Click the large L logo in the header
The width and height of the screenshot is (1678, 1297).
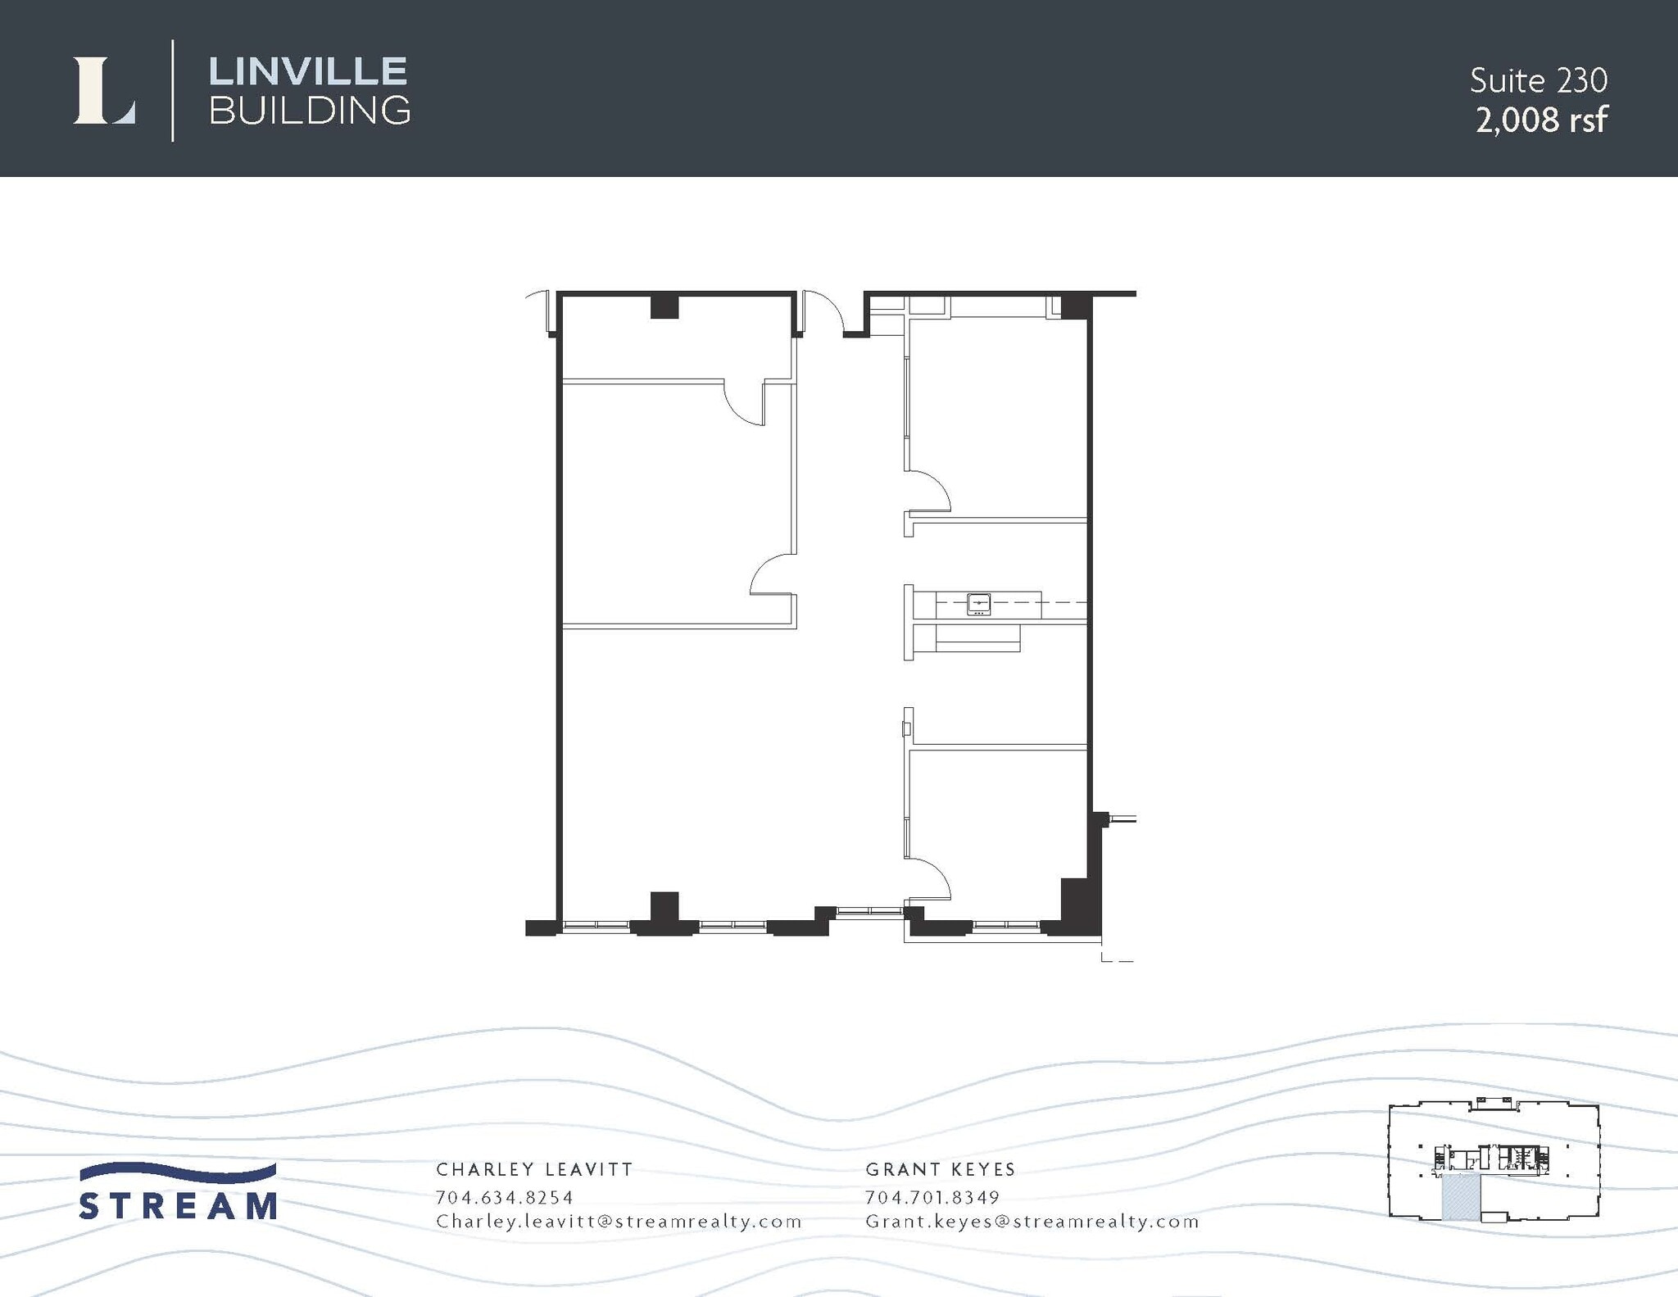104,91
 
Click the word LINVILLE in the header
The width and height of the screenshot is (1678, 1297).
308,71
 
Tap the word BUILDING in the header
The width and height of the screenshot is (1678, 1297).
310,111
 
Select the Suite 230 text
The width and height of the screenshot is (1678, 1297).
1538,80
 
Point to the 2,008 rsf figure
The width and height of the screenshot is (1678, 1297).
1541,120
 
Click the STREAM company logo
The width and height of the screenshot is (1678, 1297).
178,1192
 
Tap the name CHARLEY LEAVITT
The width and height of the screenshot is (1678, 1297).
534,1169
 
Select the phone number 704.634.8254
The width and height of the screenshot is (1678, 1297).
505,1197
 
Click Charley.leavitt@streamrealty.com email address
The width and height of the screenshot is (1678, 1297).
619,1222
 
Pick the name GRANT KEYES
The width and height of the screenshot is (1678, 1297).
941,1169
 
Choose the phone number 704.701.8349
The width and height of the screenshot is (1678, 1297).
932,1197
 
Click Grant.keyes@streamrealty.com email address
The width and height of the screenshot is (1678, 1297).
1032,1222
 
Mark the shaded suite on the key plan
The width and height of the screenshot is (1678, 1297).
1461,1197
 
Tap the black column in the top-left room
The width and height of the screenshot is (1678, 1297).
664,306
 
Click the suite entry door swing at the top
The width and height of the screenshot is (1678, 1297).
822,311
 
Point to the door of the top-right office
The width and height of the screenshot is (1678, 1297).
928,490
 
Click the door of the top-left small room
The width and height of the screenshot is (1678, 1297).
744,404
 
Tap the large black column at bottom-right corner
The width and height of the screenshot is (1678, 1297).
1077,905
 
